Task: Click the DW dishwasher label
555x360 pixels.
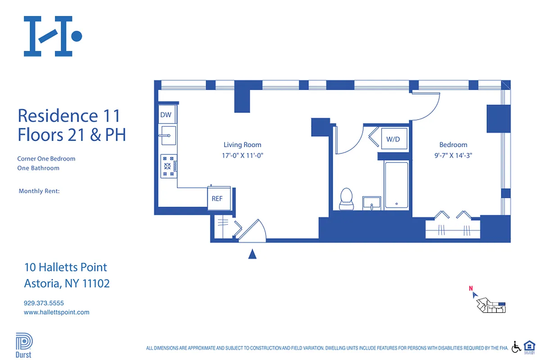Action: [166, 115]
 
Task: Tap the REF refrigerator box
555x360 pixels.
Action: [217, 198]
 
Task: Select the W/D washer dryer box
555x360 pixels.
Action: [393, 139]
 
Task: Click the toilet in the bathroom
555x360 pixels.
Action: [346, 199]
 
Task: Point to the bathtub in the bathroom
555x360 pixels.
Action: [396, 185]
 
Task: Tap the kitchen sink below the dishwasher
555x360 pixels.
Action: [168, 135]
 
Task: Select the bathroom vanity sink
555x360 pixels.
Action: [372, 203]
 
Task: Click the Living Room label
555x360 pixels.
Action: [242, 145]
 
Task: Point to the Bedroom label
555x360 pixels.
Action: [453, 145]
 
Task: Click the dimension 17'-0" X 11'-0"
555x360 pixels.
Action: [242, 156]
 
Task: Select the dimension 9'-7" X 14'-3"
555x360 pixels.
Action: [453, 156]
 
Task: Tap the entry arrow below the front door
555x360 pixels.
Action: [253, 255]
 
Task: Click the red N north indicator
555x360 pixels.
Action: [471, 289]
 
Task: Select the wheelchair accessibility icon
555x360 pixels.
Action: [516, 346]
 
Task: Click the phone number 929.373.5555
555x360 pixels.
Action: [44, 303]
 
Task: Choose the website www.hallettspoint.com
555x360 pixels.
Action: [56, 312]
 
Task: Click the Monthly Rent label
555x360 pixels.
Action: [39, 191]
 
